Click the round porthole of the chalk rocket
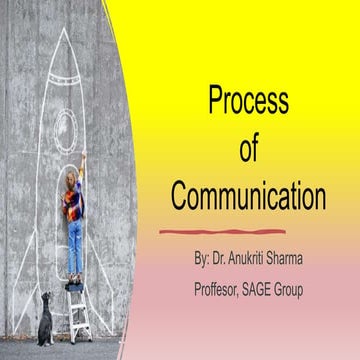pyautogui.click(x=66, y=127)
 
